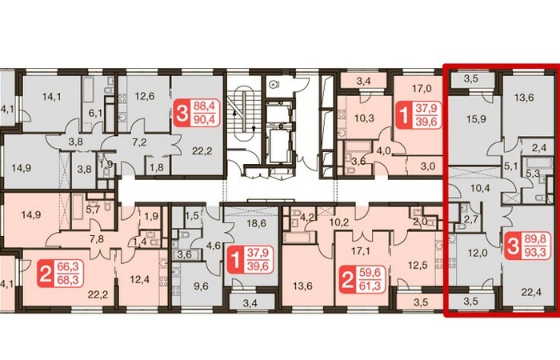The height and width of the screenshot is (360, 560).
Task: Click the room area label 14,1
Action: point(52,97)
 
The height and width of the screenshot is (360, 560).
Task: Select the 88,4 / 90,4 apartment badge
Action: point(196,114)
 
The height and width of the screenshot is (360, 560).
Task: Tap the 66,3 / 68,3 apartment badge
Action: point(60,274)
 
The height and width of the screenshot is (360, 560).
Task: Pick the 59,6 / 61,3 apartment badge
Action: point(362,280)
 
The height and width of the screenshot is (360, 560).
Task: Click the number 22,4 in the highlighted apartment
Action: point(531,293)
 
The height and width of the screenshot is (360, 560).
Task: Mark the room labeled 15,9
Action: point(476,119)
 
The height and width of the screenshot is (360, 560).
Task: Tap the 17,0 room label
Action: point(422,88)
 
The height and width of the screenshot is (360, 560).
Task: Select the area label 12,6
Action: point(145,96)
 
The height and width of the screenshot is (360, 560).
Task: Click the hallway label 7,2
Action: point(139,142)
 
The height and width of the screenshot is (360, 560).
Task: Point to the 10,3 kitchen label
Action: point(364,118)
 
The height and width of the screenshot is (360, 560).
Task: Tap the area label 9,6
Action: point(201,286)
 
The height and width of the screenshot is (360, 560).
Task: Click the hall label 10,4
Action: point(480,188)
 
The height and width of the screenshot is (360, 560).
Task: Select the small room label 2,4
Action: point(539,147)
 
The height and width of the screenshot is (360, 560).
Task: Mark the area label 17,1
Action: point(360,251)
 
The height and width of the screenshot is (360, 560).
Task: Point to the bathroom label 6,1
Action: point(95,114)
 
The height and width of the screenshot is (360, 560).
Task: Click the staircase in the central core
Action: point(243,114)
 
